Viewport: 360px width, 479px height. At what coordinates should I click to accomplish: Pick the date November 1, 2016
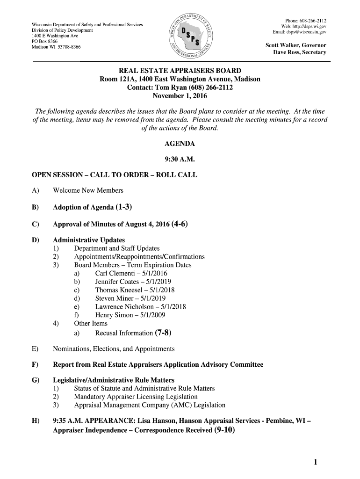point(180,96)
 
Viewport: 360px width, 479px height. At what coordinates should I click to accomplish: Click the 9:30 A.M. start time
point(180,160)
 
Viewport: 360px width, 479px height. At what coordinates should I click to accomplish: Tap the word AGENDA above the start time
point(180,144)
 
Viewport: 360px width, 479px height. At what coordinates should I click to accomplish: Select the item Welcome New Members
point(88,190)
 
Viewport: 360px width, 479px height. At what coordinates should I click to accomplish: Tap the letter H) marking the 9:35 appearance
point(35,421)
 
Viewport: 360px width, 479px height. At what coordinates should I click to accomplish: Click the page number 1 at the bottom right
point(316,463)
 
